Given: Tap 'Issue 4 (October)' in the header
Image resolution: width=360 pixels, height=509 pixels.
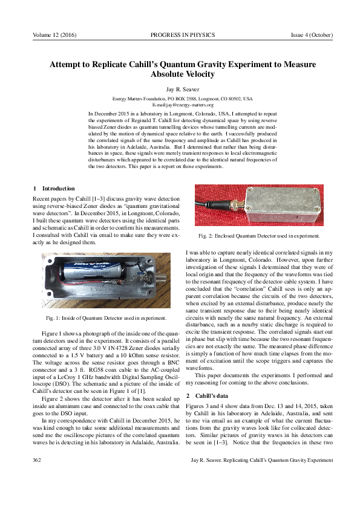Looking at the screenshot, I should (x=312, y=35).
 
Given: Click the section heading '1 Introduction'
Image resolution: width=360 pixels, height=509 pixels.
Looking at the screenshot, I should (x=54, y=189).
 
